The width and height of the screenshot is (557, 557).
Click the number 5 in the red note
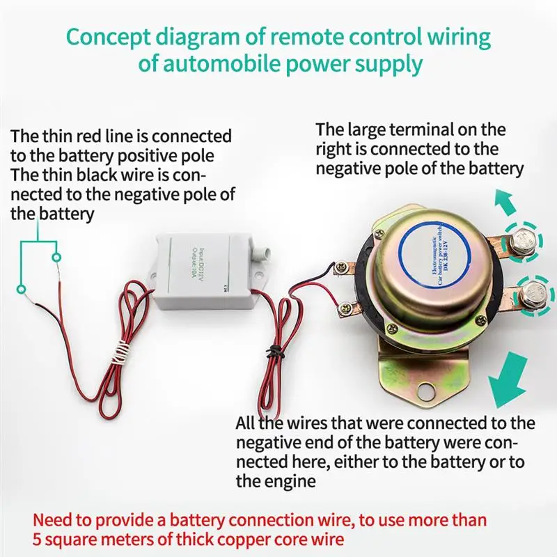(38, 540)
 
